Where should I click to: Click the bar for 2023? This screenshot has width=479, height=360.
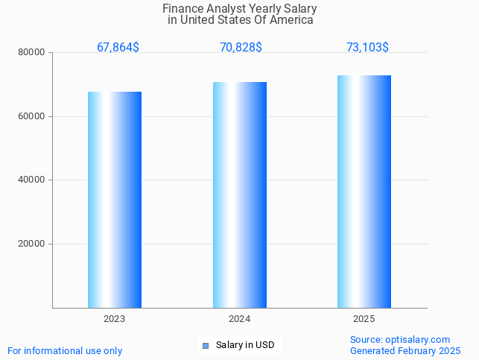pyautogui.click(x=115, y=200)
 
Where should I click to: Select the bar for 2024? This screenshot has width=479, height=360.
pyautogui.click(x=240, y=195)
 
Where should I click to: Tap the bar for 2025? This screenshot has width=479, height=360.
pyautogui.click(x=364, y=192)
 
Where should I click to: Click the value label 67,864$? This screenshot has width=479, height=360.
pyautogui.click(x=118, y=48)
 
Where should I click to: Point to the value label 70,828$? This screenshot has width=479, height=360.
pyautogui.click(x=241, y=48)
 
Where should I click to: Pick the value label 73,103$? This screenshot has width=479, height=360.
pyautogui.click(x=367, y=48)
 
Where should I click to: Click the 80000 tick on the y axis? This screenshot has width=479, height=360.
pyautogui.click(x=32, y=53)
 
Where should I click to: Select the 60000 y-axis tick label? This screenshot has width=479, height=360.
pyautogui.click(x=32, y=116)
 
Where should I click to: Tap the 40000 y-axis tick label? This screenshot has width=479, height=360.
pyautogui.click(x=32, y=180)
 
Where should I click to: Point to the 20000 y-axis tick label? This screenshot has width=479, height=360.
pyautogui.click(x=32, y=244)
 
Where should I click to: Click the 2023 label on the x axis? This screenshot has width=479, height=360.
pyautogui.click(x=115, y=319)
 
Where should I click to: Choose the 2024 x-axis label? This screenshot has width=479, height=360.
pyautogui.click(x=240, y=319)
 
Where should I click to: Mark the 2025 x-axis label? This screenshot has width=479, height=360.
pyautogui.click(x=364, y=319)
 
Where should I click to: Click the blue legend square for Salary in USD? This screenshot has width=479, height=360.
pyautogui.click(x=206, y=345)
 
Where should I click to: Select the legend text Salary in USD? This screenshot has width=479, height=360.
pyautogui.click(x=245, y=345)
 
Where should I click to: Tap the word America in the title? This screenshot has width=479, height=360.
pyautogui.click(x=291, y=20)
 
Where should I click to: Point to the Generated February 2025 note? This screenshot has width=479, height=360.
pyautogui.click(x=405, y=351)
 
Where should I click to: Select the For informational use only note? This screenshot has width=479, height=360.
pyautogui.click(x=65, y=351)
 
